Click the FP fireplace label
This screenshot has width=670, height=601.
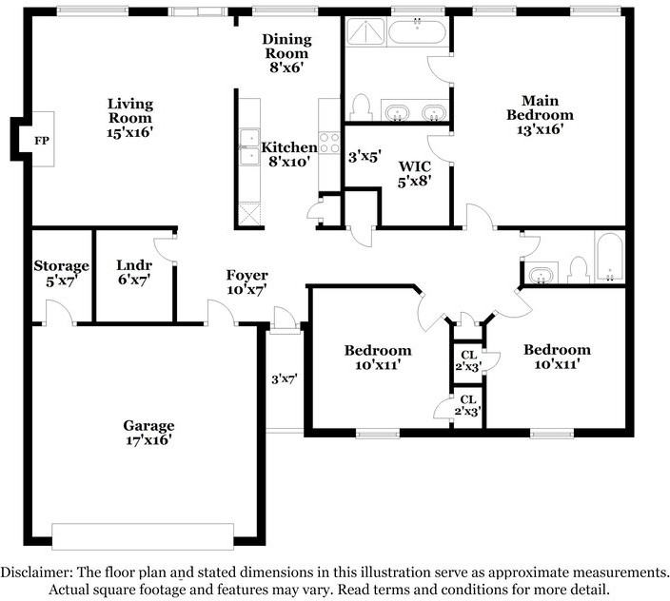click(x=41, y=141)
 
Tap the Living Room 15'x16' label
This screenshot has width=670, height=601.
click(x=130, y=118)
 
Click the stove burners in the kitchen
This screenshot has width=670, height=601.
click(x=329, y=143)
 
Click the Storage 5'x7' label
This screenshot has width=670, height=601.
click(x=61, y=273)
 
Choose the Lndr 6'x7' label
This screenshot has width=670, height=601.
click(x=133, y=273)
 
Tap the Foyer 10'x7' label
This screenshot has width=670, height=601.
click(x=246, y=281)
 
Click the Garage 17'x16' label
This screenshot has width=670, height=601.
click(x=148, y=433)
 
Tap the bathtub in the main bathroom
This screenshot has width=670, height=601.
click(x=417, y=32)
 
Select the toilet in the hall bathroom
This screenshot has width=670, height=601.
click(x=577, y=270)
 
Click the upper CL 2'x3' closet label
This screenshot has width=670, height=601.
click(x=467, y=360)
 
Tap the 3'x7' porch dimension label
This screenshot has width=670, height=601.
click(x=285, y=378)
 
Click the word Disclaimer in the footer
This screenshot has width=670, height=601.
click(x=35, y=572)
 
